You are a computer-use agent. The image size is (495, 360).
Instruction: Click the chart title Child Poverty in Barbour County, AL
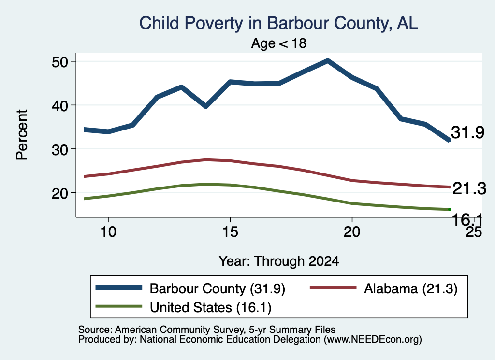[x=279, y=23]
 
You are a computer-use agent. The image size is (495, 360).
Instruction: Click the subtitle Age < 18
[x=279, y=43]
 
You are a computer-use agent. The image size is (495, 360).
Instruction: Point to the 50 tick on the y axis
[x=60, y=62]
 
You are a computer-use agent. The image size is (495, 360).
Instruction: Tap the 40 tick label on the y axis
[x=60, y=105]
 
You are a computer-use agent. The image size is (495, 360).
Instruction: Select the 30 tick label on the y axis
[x=60, y=149]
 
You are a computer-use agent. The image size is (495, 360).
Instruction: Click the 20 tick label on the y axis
[x=60, y=193]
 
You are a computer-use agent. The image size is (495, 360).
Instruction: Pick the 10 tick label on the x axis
[x=108, y=232]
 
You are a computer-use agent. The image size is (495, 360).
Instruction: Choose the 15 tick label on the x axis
[x=230, y=232]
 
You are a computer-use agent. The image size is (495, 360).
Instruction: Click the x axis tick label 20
[x=352, y=232]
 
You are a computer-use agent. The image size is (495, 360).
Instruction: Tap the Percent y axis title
[x=22, y=135]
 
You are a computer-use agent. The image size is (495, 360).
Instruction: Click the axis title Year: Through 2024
[x=279, y=261]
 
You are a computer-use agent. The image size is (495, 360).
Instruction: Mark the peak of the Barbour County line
[x=328, y=60]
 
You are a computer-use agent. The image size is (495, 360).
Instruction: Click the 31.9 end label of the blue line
[x=467, y=132]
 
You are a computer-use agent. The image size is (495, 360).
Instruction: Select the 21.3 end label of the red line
[x=469, y=188]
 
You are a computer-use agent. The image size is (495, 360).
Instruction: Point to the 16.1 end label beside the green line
[x=468, y=219]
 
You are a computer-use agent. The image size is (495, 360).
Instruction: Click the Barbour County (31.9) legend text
[x=218, y=288]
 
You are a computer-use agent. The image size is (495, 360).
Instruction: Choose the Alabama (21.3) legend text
[x=411, y=288]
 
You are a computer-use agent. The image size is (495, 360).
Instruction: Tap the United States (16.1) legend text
[x=211, y=308]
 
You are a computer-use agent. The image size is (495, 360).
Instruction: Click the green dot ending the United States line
[x=450, y=210]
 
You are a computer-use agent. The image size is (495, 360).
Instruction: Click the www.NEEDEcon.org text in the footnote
[x=373, y=340]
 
